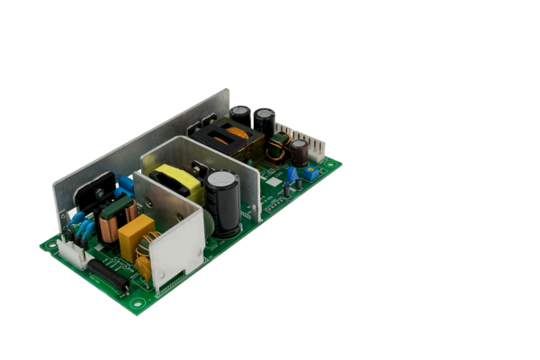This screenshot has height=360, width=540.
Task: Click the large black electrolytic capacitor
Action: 223,202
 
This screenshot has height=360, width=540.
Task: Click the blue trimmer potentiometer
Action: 310,172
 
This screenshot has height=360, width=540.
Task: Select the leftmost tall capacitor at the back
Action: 240,117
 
